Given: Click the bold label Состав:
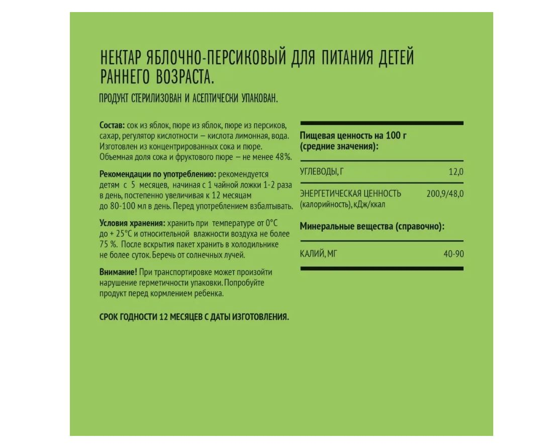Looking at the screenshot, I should [112, 125].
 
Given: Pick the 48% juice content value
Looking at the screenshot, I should [282, 157].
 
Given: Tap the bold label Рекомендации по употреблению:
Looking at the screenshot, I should [158, 174].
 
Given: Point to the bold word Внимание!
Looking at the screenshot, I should [118, 272].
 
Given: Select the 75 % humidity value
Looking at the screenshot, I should [108, 244].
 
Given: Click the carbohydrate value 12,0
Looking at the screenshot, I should [456, 172].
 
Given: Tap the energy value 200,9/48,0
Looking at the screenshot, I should [445, 193].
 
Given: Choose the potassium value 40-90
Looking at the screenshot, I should [453, 253].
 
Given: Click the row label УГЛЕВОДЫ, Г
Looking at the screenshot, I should [322, 172].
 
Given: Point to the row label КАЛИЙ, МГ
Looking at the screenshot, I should [318, 253].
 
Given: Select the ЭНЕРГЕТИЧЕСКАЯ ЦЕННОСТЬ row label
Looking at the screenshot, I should [350, 193].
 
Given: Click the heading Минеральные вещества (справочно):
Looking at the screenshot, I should [372, 227].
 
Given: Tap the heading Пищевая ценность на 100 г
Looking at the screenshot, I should [353, 135].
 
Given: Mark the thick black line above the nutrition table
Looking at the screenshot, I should [382, 123].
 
